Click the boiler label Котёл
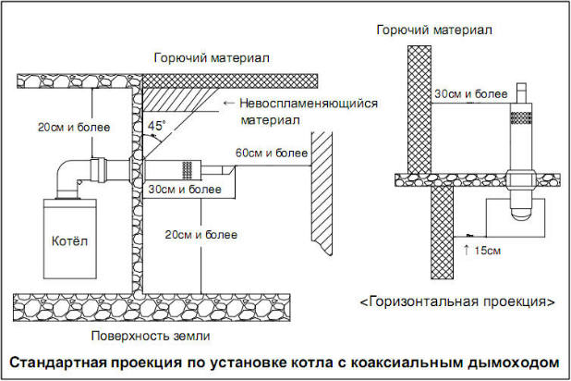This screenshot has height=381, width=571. pos(69,241)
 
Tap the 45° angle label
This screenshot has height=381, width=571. pos(156,126)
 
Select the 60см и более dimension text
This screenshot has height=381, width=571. pos(272,153)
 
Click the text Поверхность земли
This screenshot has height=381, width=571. pos(151,336)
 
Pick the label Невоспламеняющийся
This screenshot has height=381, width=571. pos(309,104)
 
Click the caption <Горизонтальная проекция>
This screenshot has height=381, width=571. pos(457,301)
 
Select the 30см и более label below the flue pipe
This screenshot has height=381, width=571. pos(185,190)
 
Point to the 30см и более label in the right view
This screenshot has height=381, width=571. pos(471,93)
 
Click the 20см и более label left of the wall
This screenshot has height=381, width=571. pos(74,128)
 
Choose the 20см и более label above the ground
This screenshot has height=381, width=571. pos(201,235)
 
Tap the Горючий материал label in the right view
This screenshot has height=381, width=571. pos(434,30)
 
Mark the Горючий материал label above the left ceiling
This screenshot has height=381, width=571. pos(212,58)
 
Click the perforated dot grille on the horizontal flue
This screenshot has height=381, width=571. pos(188,168)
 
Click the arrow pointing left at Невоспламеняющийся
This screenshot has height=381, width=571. pos(229,104)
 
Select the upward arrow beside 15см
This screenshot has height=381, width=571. pos(467,251)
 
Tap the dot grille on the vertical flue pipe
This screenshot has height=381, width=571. pos(522,117)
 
